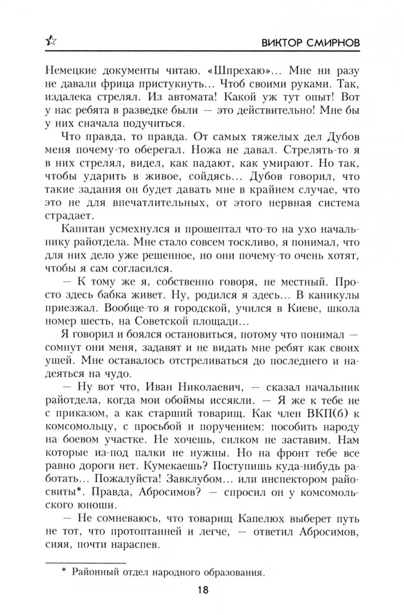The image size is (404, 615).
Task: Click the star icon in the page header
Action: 51,41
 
